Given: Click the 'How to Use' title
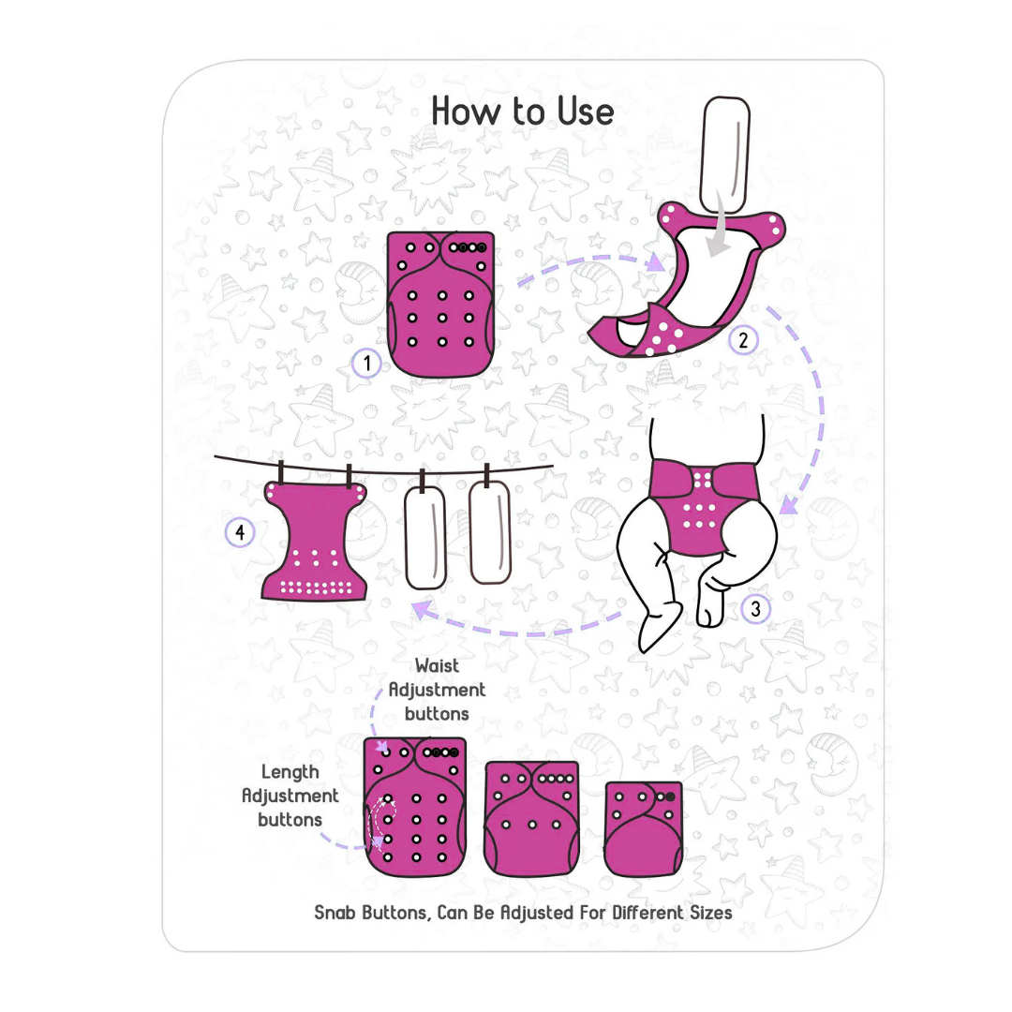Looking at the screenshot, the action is (x=522, y=111).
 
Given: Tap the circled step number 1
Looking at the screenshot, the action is (x=366, y=363).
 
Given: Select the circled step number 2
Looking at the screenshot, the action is (x=743, y=340).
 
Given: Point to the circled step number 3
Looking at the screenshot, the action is (x=755, y=609).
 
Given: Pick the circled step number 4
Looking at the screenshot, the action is (x=240, y=532).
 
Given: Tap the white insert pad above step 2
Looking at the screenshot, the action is (x=724, y=155).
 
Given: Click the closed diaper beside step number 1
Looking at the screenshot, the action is (x=440, y=304).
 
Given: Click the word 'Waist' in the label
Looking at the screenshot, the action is (x=437, y=665).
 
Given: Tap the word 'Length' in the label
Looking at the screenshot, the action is (x=290, y=772).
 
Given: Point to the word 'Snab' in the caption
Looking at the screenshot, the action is (x=335, y=913).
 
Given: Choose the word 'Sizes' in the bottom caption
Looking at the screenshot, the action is (x=711, y=913).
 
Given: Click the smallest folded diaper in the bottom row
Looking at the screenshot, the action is (x=643, y=828).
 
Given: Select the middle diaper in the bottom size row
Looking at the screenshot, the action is (x=532, y=818).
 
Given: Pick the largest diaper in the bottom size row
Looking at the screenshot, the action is (x=415, y=807).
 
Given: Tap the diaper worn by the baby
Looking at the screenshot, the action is (x=702, y=507).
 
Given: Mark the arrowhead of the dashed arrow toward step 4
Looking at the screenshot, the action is (x=422, y=609).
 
